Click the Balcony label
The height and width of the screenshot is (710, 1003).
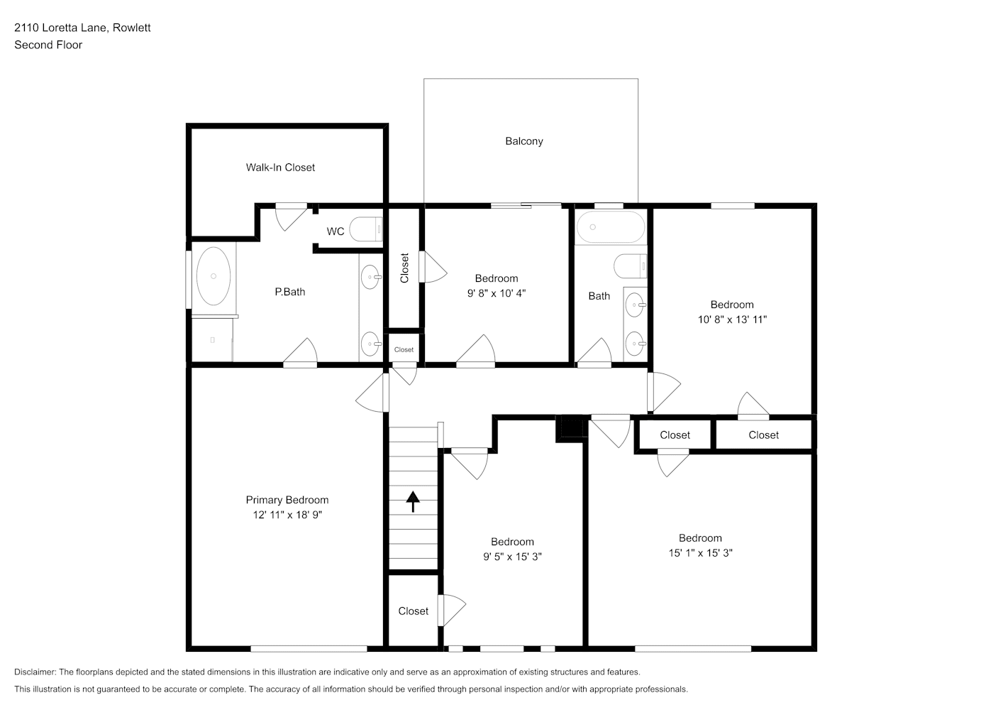tap(524, 141)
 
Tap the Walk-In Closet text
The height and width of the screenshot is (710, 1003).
tap(280, 167)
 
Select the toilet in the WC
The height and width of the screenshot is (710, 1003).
tap(366, 229)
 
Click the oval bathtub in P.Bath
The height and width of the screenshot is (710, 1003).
tap(214, 276)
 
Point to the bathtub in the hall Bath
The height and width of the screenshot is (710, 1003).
tap(611, 226)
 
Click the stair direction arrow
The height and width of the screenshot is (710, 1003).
tap(413, 501)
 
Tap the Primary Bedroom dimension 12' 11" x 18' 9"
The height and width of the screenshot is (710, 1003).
tap(287, 515)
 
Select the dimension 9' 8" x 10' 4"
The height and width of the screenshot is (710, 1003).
tap(497, 293)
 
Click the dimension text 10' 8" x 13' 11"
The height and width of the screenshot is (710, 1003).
tap(732, 319)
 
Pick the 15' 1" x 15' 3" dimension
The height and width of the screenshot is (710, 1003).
tap(700, 553)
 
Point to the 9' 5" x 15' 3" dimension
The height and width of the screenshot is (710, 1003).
tap(512, 557)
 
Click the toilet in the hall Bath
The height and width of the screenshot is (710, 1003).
tap(630, 266)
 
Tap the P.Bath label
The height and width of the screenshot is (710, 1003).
tap(289, 292)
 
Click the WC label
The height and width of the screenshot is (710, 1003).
tap(336, 231)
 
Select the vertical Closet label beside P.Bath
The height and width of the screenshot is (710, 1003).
tap(404, 268)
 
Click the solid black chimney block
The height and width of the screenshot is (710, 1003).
tap(571, 429)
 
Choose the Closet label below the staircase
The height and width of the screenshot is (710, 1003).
tap(414, 611)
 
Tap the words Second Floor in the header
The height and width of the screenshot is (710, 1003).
tap(48, 45)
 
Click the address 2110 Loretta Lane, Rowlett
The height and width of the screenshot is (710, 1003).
tap(82, 28)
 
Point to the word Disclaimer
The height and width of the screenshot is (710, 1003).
tap(35, 672)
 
